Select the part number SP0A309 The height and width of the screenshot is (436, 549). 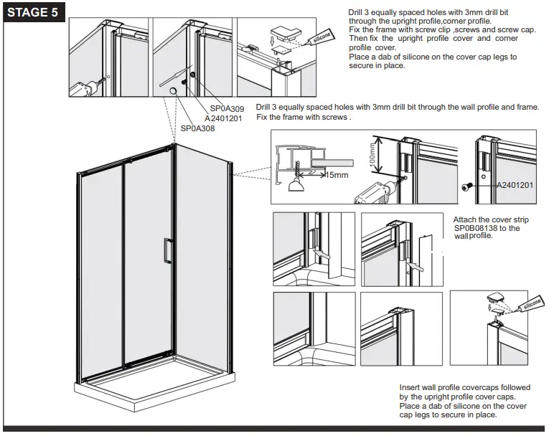tap(227, 108)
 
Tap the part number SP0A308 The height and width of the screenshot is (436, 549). tap(197, 128)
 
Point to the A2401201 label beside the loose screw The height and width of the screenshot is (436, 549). tap(515, 185)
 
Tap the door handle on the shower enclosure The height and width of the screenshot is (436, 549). tap(166, 252)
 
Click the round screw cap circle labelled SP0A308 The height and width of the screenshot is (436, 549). tap(174, 89)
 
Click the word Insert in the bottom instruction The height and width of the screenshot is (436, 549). tap(410, 388)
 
